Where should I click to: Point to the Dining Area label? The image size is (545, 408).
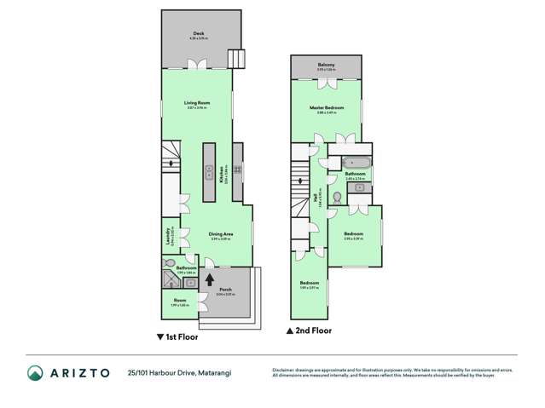click(x=221, y=234)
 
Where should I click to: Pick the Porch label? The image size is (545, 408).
click(x=225, y=290)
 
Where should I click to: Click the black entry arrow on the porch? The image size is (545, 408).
click(x=209, y=278)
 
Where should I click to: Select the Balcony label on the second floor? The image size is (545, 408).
click(x=326, y=65)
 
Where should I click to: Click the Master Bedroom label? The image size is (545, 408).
click(x=326, y=108)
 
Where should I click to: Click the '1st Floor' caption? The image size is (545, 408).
click(x=177, y=336)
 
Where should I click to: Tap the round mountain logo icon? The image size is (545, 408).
click(x=36, y=372)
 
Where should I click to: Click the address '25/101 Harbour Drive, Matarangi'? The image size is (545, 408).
click(x=179, y=372)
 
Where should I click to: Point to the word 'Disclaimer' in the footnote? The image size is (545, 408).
click(x=283, y=370)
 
